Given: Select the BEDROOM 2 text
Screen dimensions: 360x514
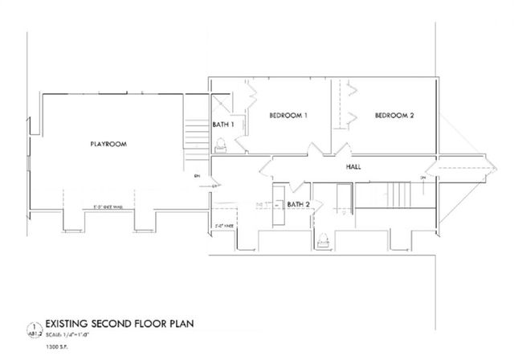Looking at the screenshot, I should (x=394, y=116).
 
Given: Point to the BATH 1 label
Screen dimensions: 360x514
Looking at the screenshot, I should (x=222, y=125).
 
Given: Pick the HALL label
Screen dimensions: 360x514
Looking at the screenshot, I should (x=353, y=167).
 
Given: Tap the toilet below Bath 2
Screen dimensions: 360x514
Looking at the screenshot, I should (x=323, y=237).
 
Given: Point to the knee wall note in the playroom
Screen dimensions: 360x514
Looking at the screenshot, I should (x=107, y=207).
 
